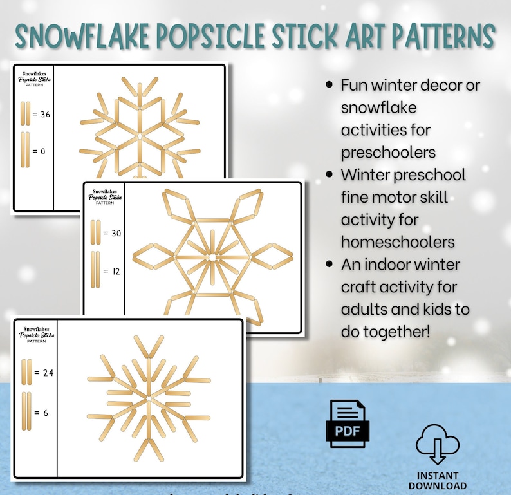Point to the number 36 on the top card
click(44, 115)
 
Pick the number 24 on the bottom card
click(46, 373)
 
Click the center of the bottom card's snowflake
click(149, 399)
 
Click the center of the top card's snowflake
click(139, 137)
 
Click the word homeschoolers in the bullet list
click(398, 242)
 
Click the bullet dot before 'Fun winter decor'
click(330, 85)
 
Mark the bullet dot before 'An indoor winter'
click(330, 264)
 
